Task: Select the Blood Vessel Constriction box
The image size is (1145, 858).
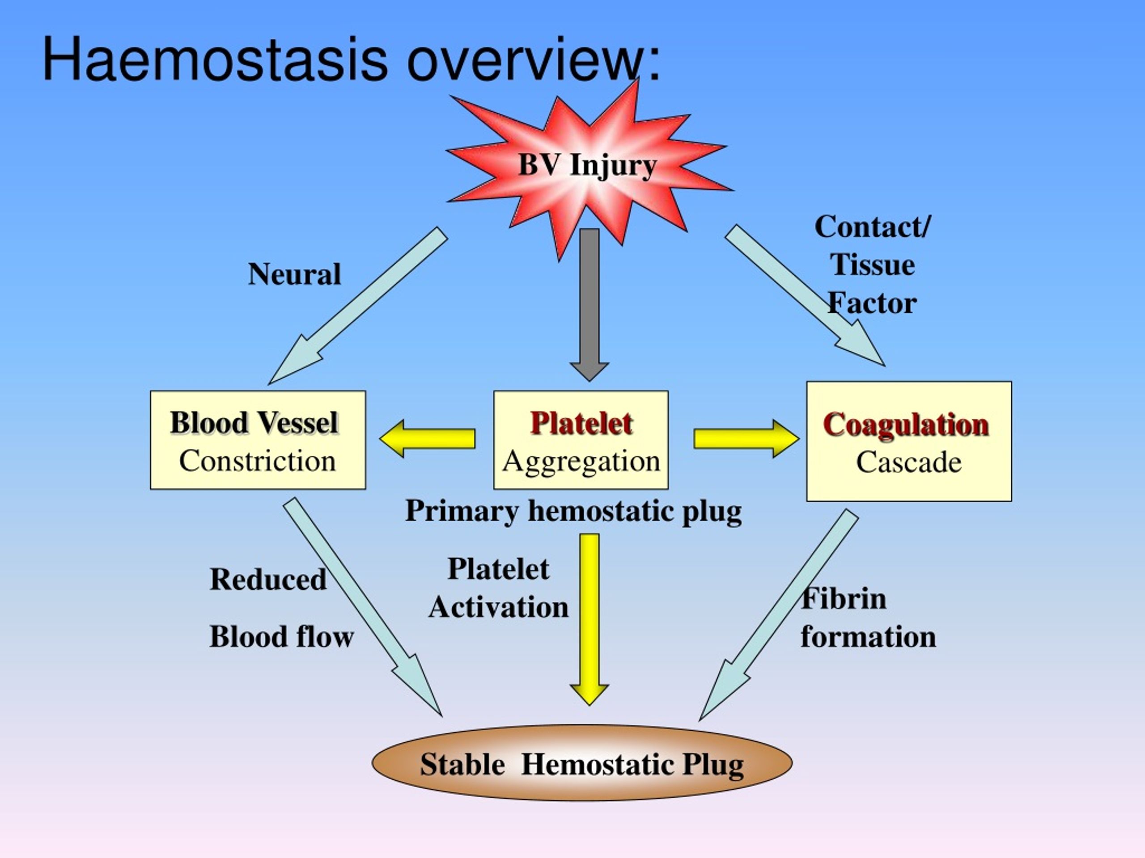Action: [258, 440]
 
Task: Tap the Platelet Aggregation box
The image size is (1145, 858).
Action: [581, 440]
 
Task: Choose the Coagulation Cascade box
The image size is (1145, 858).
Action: [909, 441]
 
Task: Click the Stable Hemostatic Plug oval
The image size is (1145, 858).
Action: [582, 763]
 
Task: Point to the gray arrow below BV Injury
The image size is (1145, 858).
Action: [589, 305]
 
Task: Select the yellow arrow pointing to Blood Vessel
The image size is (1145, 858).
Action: [427, 438]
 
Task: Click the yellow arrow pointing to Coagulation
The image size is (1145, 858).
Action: [746, 438]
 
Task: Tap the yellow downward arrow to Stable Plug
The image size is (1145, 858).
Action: [589, 619]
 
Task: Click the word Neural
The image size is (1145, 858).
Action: [295, 273]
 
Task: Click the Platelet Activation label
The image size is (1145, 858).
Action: [499, 588]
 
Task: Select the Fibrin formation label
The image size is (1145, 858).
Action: [868, 618]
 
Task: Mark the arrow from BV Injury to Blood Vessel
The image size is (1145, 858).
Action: [358, 306]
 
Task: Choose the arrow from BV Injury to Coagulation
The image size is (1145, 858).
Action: [805, 295]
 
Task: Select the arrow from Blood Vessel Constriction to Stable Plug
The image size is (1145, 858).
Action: [363, 608]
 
